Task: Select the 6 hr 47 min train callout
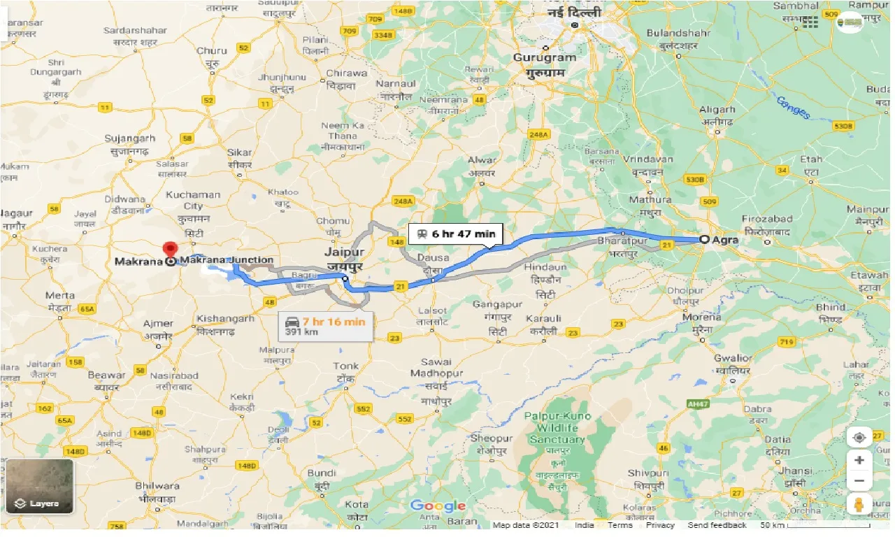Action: tap(455, 234)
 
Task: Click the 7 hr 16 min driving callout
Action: tap(325, 326)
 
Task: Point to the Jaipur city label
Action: tap(343, 255)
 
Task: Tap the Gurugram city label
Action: tap(545, 64)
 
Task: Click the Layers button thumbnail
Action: tap(39, 486)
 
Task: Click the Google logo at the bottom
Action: tap(438, 506)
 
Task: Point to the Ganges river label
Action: tap(793, 107)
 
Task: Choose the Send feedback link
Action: tap(717, 525)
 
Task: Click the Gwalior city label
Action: tap(733, 364)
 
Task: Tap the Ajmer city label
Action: tap(158, 329)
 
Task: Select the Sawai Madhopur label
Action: tap(437, 378)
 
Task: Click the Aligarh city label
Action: tap(717, 115)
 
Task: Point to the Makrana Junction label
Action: tap(227, 260)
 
